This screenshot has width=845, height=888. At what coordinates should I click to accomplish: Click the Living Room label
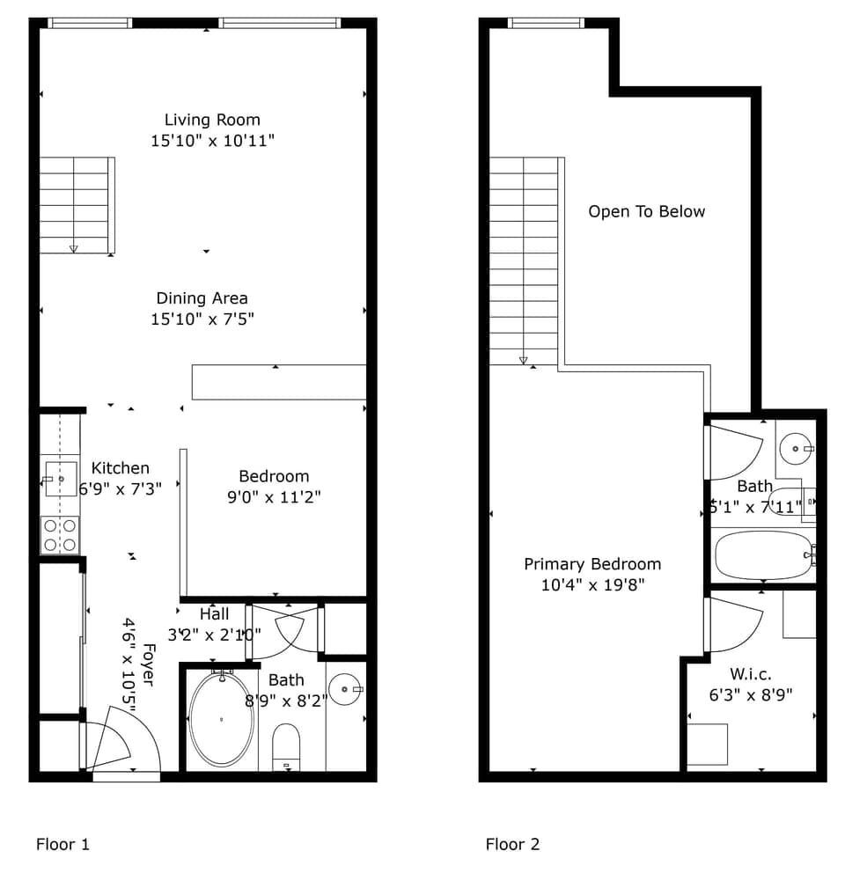212,120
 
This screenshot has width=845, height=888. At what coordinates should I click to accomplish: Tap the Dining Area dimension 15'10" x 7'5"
202,319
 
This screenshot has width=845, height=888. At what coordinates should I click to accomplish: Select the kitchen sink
60,479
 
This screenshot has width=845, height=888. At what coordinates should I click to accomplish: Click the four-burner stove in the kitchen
60,535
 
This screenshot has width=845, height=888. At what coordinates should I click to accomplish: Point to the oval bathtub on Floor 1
222,719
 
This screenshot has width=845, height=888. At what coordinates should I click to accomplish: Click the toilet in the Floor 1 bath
286,746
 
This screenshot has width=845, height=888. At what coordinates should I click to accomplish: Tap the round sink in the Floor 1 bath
345,689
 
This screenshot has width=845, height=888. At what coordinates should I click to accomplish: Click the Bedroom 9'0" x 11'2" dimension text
274,496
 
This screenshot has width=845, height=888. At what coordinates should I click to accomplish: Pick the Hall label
214,614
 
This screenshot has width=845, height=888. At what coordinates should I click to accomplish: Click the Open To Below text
647,212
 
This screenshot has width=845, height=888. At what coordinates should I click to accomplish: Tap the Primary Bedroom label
592,564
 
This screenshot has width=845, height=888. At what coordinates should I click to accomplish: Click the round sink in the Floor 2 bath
796,449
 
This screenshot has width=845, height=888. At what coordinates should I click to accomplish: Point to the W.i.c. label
751,674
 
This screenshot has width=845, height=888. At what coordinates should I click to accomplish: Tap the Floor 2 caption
512,844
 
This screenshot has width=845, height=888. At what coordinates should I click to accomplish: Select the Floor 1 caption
62,844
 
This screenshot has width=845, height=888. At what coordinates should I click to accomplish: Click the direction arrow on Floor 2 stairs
524,360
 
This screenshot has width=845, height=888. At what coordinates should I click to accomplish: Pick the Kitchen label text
121,468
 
